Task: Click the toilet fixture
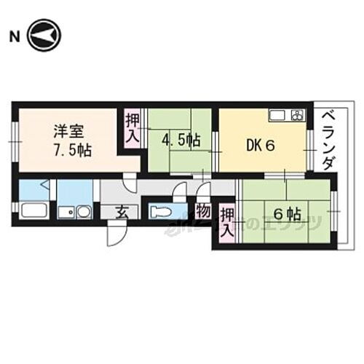pyautogui.click(x=162, y=213)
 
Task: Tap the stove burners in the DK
pyautogui.click(x=298, y=114)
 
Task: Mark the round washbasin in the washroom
pyautogui.click(x=82, y=214)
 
